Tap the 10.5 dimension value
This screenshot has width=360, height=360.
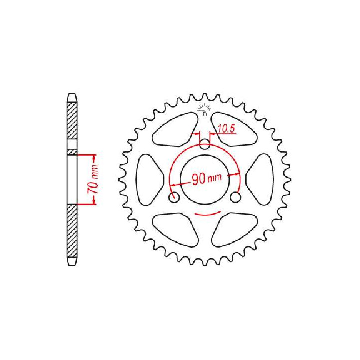click(x=226, y=129)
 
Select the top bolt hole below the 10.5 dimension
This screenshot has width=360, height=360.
click(x=205, y=146)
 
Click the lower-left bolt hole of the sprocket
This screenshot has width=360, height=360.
click(x=174, y=198)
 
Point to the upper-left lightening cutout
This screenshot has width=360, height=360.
click(x=173, y=127)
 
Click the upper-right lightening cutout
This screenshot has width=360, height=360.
click(x=237, y=127)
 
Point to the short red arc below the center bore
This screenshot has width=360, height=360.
click(x=205, y=213)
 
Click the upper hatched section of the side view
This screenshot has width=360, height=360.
click(x=72, y=120)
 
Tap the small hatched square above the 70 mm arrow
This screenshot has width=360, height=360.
click(x=72, y=151)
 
